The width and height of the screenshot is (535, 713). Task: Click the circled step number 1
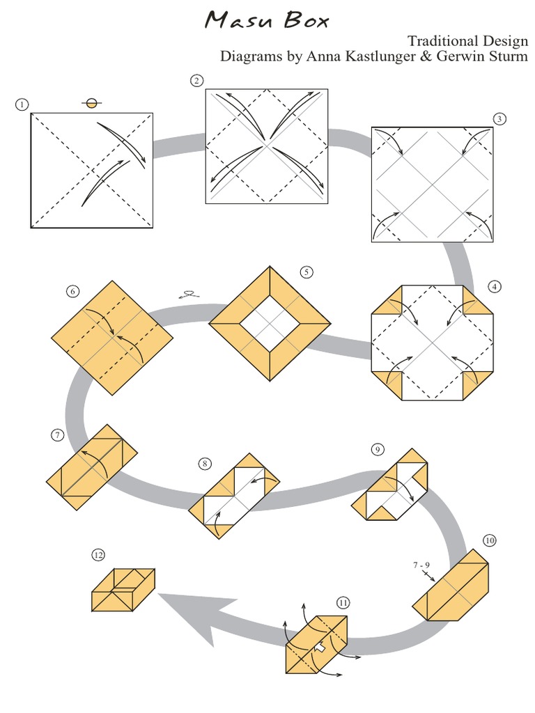22,104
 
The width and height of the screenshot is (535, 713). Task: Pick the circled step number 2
197,81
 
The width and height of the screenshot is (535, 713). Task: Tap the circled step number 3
499,118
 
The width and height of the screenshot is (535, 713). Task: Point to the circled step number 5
307,272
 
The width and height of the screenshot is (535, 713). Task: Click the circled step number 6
74,291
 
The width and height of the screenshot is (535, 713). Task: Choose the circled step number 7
56,436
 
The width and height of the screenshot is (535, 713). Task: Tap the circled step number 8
204,462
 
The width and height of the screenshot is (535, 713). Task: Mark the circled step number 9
377,450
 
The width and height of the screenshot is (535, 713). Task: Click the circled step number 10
490,540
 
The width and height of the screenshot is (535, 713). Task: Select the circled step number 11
343,602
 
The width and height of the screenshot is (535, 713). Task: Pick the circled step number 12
98,554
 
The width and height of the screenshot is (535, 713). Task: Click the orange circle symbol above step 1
91,104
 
